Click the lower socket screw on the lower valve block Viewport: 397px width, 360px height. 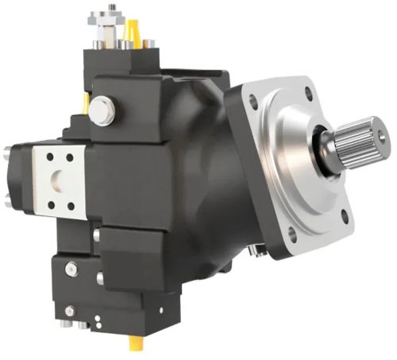70,310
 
